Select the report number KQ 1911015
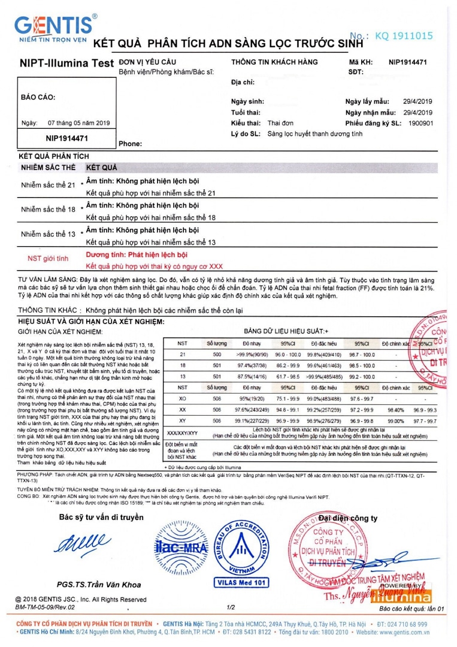tap(404, 36)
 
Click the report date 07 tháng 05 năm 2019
tap(79, 123)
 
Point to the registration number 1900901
tap(419, 123)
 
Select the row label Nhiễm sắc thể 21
tap(49, 185)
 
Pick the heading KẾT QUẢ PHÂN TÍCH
tap(50, 156)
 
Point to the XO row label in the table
tap(183, 398)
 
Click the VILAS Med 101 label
tap(241, 581)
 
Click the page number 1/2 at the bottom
tap(231, 607)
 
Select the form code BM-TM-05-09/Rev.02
tap(46, 607)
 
